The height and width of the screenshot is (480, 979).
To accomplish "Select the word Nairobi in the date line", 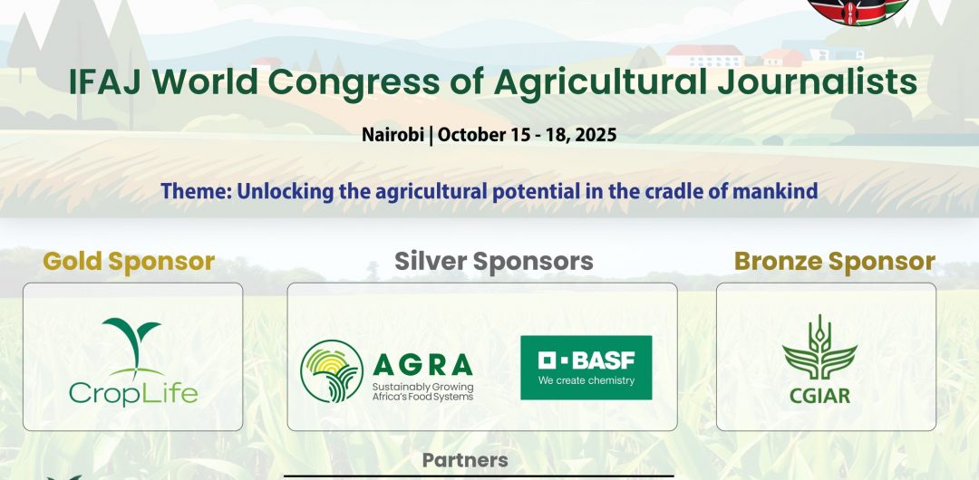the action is [393, 135].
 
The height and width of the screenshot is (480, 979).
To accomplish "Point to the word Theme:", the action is [196, 191].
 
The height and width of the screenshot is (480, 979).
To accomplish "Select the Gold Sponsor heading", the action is [129, 262].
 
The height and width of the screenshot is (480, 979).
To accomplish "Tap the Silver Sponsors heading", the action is [493, 262].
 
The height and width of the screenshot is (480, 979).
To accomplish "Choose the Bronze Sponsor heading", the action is [834, 262].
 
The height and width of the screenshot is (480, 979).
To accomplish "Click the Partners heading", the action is [465, 461].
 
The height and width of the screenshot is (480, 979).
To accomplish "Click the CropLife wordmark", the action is [133, 393].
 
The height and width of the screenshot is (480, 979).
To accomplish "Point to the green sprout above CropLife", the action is [131, 347].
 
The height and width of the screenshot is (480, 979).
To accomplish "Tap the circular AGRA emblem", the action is [332, 370].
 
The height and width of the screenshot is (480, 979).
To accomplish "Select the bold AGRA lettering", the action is [422, 364].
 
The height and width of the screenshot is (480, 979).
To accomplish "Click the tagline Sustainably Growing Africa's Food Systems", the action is [422, 391].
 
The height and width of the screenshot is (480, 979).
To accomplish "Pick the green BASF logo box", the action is [586, 368].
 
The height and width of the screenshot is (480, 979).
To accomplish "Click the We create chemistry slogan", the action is [586, 380].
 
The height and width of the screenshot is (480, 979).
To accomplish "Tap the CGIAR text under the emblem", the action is [819, 396].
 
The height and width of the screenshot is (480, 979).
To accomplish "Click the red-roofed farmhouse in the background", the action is [704, 55].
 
